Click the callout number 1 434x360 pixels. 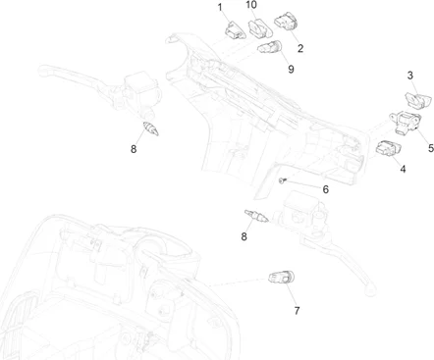[220, 8]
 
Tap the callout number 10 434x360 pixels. [251, 5]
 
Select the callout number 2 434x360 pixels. [300, 48]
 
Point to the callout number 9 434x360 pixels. [291, 69]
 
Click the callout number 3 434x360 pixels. [410, 76]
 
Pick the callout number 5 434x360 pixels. [431, 148]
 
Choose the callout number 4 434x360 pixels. [403, 169]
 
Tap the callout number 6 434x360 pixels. [326, 189]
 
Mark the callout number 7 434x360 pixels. [297, 310]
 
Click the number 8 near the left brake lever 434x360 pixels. [134, 149]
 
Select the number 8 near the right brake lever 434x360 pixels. [244, 236]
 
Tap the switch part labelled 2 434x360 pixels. [286, 21]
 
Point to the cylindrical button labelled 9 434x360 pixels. [270, 47]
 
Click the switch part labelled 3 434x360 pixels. [417, 100]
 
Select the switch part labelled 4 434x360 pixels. [389, 148]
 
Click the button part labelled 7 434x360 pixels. [282, 278]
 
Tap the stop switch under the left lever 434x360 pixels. [151, 129]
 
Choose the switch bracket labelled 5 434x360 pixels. [406, 123]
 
